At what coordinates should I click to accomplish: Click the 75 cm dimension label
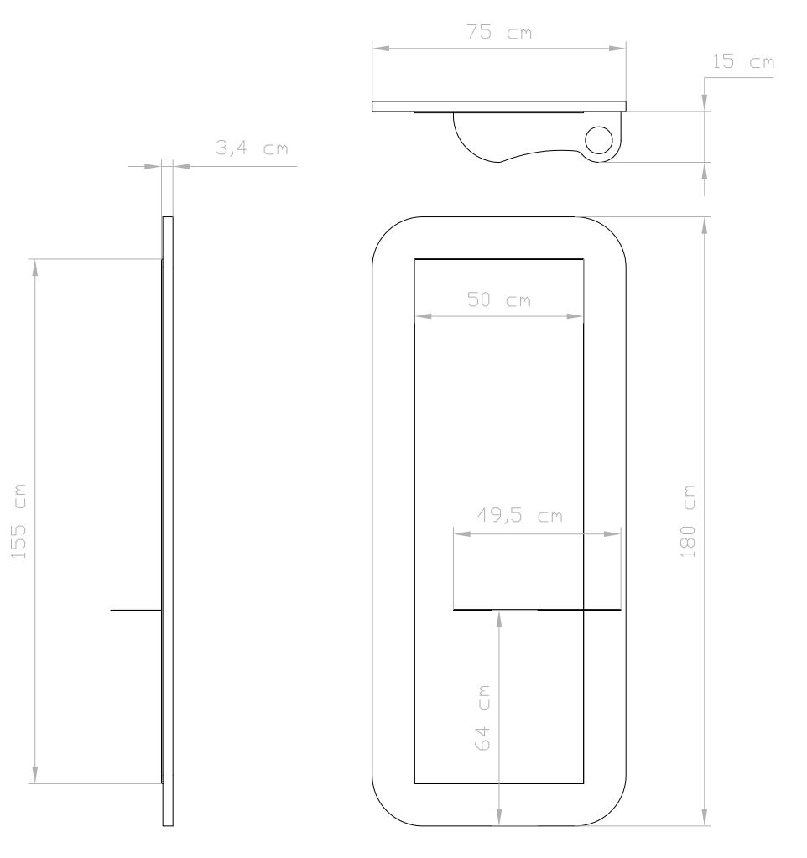point(499,32)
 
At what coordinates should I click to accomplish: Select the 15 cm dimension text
point(743,62)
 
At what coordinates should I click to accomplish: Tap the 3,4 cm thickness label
point(252,148)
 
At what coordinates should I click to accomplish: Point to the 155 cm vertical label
point(18,522)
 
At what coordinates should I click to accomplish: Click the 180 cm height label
point(687,521)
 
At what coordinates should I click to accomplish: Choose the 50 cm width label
point(499,300)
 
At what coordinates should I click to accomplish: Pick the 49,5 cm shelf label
point(520,516)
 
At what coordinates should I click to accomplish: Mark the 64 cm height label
point(482,717)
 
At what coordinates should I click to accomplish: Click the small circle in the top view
point(599,140)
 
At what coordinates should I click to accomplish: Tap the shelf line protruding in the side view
point(136,610)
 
